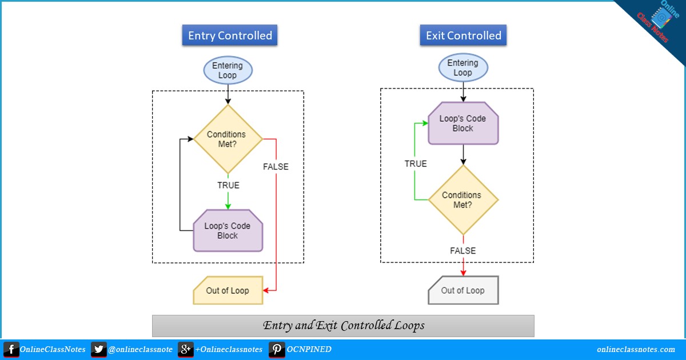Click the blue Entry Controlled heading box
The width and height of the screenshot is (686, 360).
click(230, 35)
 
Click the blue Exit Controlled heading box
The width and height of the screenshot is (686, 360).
click(463, 35)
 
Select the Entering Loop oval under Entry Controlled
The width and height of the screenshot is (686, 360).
click(228, 70)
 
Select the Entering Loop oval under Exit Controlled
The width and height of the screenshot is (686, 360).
click(462, 67)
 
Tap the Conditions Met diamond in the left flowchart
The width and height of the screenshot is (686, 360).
click(228, 139)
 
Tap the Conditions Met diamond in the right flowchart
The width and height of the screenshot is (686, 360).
click(463, 199)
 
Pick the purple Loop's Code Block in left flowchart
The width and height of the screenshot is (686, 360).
click(228, 230)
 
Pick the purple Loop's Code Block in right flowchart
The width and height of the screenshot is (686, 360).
click(463, 123)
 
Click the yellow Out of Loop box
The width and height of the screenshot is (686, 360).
click(228, 290)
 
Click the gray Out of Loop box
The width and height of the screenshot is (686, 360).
click(463, 290)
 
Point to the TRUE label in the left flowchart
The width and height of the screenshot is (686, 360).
click(228, 185)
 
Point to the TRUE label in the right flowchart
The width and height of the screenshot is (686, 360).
click(416, 163)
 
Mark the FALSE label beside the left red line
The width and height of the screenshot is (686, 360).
click(276, 167)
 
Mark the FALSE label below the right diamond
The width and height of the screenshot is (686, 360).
click(463, 250)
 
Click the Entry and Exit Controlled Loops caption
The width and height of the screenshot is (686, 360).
click(343, 326)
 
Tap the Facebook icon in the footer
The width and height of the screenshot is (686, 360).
click(11, 349)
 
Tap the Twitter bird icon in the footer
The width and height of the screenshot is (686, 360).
click(98, 349)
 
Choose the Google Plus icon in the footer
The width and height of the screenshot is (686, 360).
click(185, 349)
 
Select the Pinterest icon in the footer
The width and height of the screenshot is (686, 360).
click(277, 349)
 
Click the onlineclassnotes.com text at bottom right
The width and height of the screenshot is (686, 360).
click(636, 349)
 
